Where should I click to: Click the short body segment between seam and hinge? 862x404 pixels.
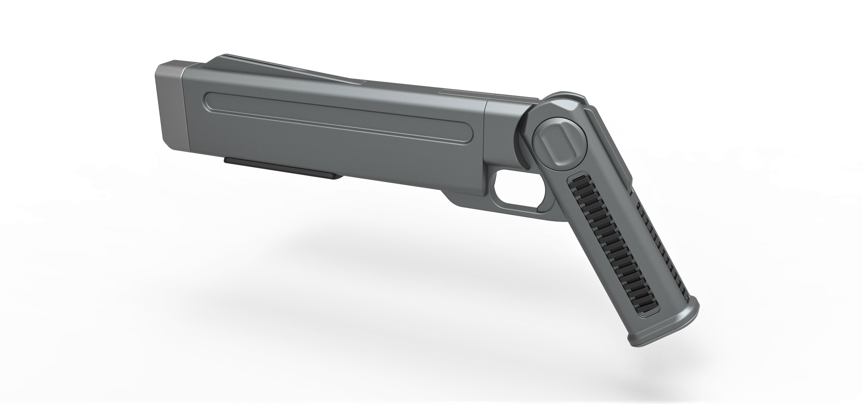point(502,130)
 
